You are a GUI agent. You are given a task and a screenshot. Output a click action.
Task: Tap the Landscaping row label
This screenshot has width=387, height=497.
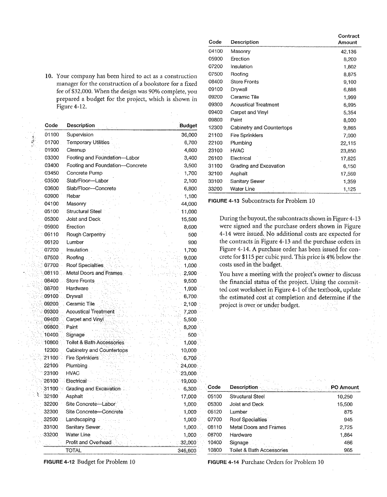pyautogui.click(x=81, y=418)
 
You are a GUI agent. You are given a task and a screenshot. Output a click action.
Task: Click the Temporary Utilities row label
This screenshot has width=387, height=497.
pyautogui.click(x=88, y=142)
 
